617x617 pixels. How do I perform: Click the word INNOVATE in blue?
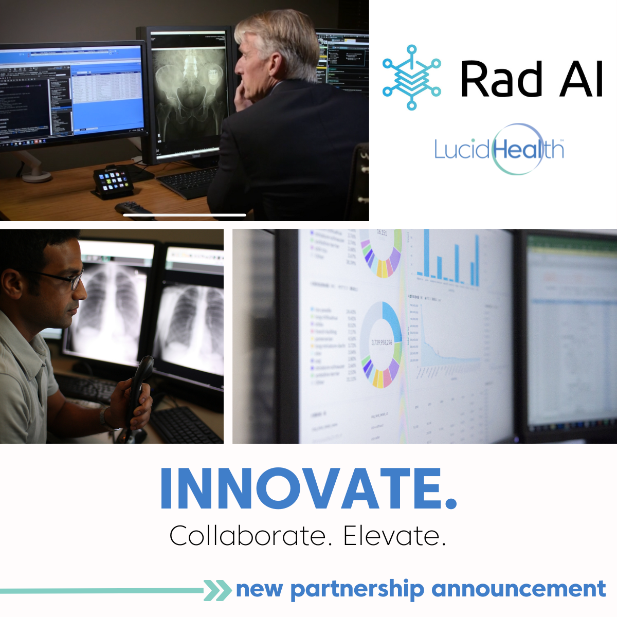pos(307,488)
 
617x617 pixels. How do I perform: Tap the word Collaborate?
pos(247,536)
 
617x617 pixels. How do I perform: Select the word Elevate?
pos(394,536)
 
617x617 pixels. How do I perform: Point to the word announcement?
pos(519,589)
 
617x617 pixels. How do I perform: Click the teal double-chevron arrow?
pos(217,590)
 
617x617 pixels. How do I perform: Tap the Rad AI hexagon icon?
pos(411,78)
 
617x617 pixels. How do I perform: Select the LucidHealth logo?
pos(499,149)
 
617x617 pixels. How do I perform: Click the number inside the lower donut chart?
pos(381,342)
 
